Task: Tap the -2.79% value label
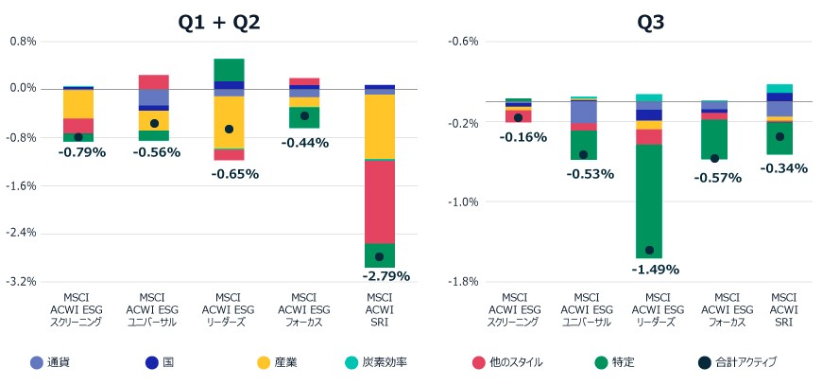tap(385, 276)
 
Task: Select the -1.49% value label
tap(656, 270)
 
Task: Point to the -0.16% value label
tap(522, 137)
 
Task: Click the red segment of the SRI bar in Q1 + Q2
tap(380, 201)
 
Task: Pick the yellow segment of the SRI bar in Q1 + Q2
tap(380, 127)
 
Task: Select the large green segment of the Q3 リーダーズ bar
tap(649, 201)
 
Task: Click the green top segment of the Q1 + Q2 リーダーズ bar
tap(229, 70)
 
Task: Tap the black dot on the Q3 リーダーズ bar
tap(649, 250)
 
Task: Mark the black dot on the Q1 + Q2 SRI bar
tap(379, 257)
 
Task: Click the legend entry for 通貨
tap(50, 362)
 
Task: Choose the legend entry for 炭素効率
tap(377, 362)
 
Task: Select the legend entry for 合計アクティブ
tap(738, 362)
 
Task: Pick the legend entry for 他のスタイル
tap(507, 362)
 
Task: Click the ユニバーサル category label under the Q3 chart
tap(586, 323)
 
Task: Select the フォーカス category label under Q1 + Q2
tap(304, 323)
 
